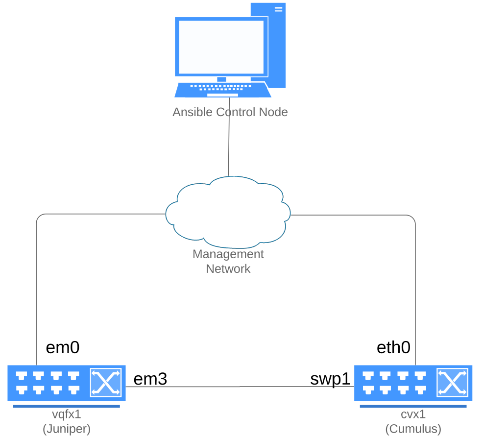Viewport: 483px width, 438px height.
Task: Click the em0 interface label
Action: [62, 347]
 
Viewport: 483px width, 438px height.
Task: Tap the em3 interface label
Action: [150, 379]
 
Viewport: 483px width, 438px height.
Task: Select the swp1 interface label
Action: [331, 379]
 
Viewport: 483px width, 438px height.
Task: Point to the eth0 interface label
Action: [393, 347]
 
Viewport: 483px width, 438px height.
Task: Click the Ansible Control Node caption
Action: [230, 112]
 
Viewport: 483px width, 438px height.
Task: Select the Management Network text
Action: [228, 262]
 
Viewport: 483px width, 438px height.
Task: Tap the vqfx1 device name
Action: [67, 414]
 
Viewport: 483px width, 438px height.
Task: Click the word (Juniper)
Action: [67, 429]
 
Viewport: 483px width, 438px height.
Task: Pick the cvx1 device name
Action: [413, 414]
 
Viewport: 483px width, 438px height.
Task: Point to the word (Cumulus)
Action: [413, 429]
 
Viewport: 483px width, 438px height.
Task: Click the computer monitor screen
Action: [221, 47]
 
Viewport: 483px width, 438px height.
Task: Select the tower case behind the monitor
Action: [277, 44]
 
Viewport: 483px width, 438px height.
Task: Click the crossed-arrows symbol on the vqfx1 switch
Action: [105, 383]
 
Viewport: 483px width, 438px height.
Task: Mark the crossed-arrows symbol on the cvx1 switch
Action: [452, 383]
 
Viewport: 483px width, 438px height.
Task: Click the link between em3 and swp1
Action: [240, 387]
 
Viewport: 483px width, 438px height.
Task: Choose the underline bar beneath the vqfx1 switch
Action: [66, 406]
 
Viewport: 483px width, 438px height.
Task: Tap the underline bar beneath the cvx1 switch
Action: [413, 406]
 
